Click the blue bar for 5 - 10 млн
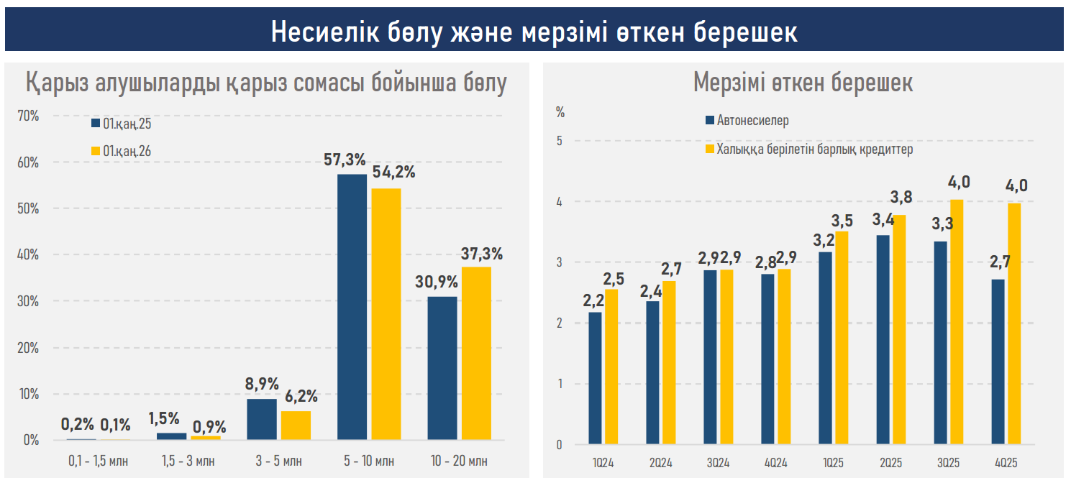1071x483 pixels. click(x=351, y=307)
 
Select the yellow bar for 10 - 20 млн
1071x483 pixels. click(x=476, y=353)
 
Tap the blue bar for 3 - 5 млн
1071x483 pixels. click(x=261, y=419)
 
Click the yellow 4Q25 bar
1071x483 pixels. click(x=1013, y=324)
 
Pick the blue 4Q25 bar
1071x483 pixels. click(x=998, y=362)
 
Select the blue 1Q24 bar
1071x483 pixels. click(x=595, y=378)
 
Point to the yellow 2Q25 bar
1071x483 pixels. click(x=898, y=330)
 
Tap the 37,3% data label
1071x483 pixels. click(x=481, y=253)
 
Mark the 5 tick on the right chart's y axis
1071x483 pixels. click(x=559, y=142)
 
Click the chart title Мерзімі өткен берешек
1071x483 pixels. click(x=803, y=83)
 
